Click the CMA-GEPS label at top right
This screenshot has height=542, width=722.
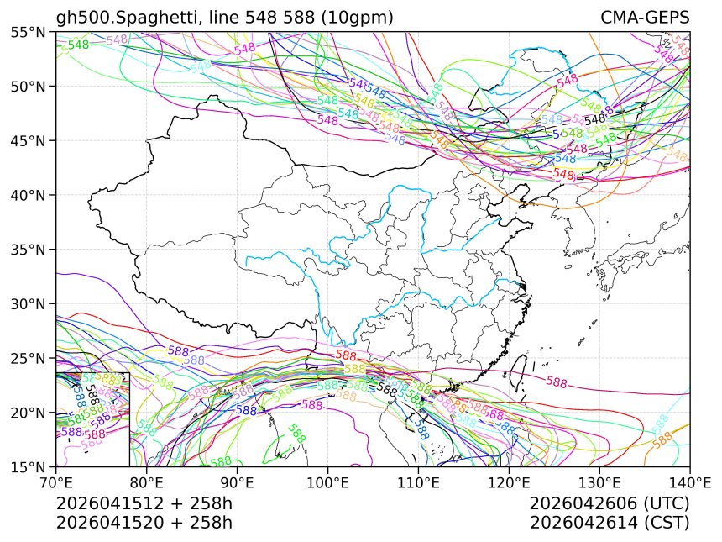[645, 18]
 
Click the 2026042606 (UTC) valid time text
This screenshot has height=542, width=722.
[610, 503]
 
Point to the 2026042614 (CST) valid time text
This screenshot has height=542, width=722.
[610, 522]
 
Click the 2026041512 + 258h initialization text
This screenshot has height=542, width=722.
[144, 503]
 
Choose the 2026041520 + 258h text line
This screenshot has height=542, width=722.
[144, 522]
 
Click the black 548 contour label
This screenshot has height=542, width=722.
[595, 119]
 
